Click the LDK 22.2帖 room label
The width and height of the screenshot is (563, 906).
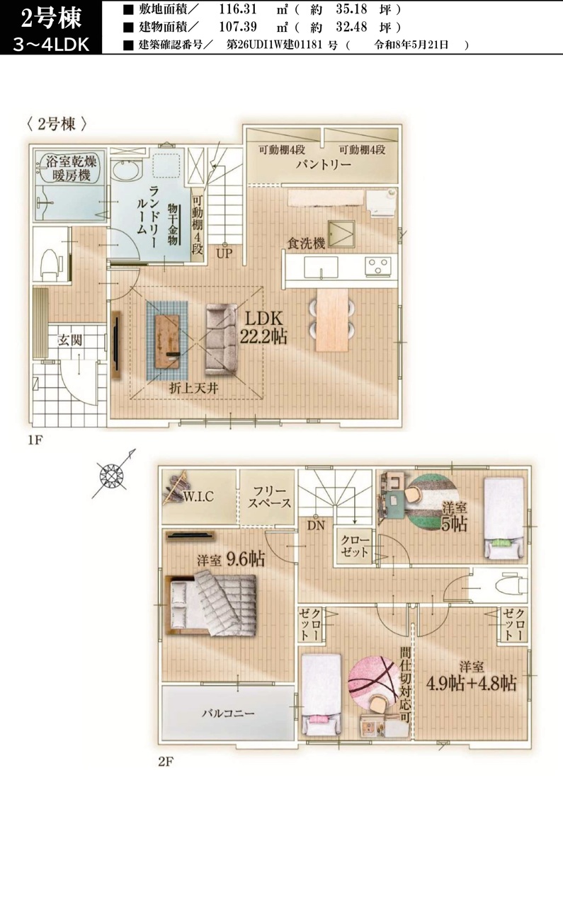click(263, 328)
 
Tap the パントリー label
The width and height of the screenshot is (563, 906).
click(323, 165)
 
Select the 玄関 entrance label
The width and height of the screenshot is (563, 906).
click(69, 340)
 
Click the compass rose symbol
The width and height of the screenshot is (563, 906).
click(112, 474)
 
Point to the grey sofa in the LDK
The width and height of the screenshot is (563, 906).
click(221, 339)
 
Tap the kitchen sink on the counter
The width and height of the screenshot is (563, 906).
click(321, 268)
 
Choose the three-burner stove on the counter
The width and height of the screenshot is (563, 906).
click(378, 266)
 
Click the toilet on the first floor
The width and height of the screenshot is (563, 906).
click(50, 265)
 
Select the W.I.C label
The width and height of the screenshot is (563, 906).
click(198, 496)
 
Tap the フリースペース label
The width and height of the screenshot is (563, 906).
click(269, 497)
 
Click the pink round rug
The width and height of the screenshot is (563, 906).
click(373, 679)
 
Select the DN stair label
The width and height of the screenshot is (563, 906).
click(316, 525)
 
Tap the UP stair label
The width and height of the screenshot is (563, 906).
click(224, 253)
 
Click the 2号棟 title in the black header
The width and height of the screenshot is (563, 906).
click(51, 18)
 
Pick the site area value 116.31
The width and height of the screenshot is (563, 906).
click(238, 8)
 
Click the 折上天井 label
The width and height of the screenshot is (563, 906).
click(194, 389)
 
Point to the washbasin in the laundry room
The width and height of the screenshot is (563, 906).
click(126, 171)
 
